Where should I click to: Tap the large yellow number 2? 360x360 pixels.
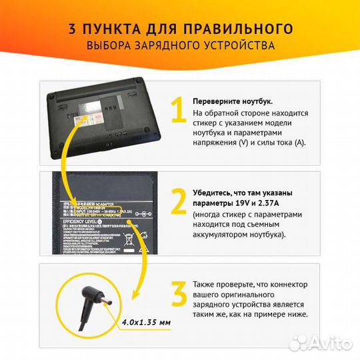(178, 203)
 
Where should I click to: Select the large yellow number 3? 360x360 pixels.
(178, 293)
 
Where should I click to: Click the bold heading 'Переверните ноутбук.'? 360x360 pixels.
(232, 101)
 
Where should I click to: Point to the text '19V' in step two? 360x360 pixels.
(244, 203)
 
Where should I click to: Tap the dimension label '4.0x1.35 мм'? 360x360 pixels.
(147, 323)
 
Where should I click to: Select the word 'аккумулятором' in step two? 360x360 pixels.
(223, 235)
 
